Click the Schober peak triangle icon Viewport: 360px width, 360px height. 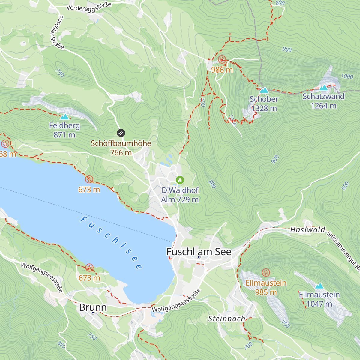point(264,90)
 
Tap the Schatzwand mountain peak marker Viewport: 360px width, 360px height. point(323,88)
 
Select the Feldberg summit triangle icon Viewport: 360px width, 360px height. point(64,117)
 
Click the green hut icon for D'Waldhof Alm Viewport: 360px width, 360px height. point(180,180)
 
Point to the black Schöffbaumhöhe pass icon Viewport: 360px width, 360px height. point(121,133)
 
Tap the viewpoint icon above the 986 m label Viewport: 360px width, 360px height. point(222,59)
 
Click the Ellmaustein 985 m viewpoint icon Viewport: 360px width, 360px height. point(266,273)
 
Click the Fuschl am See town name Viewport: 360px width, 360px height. point(199,252)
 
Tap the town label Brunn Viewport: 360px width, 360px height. point(93,307)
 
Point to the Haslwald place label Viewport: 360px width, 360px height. point(308,230)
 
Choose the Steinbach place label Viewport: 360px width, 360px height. point(227,319)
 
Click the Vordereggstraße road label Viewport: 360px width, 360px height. point(89,7)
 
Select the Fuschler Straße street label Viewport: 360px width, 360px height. point(57,32)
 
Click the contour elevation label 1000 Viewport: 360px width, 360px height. point(347,76)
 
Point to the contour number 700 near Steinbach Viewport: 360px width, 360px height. point(248,346)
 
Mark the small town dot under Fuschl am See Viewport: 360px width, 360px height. point(199,257)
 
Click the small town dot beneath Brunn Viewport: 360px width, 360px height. point(93,313)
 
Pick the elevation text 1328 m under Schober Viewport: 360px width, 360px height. point(264,108)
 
